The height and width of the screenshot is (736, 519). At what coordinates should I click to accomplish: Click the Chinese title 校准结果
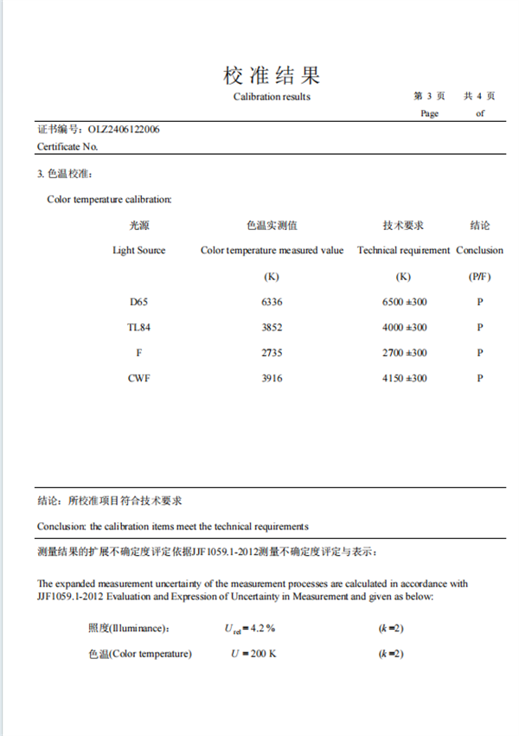[x=272, y=74]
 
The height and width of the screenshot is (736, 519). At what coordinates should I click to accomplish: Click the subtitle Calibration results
[x=272, y=97]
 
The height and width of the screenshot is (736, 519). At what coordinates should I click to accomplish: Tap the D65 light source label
[x=138, y=302]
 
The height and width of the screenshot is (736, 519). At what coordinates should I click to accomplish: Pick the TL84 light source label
[x=138, y=328]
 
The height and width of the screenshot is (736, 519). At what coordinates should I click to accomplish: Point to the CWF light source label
[x=138, y=378]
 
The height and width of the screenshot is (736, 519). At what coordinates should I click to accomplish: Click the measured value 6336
[x=272, y=302]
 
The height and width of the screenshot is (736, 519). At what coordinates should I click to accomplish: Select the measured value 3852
[x=272, y=328]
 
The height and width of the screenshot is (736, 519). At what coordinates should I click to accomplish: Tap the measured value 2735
[x=272, y=353]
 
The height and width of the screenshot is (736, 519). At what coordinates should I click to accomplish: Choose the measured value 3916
[x=272, y=378]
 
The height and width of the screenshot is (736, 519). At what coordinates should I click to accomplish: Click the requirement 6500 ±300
[x=404, y=302]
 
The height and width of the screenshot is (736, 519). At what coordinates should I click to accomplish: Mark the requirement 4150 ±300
[x=404, y=378]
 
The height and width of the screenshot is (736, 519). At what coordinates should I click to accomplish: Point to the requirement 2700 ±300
[x=404, y=353]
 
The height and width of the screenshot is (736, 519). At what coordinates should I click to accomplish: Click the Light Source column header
[x=138, y=251]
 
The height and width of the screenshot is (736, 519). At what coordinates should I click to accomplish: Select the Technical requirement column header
[x=404, y=251]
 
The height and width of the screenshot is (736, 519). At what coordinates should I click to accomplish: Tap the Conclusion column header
[x=479, y=251]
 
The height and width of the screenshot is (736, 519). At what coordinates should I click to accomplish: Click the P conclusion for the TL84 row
[x=479, y=328]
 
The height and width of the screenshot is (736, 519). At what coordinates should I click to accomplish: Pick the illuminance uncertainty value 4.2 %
[x=259, y=629]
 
